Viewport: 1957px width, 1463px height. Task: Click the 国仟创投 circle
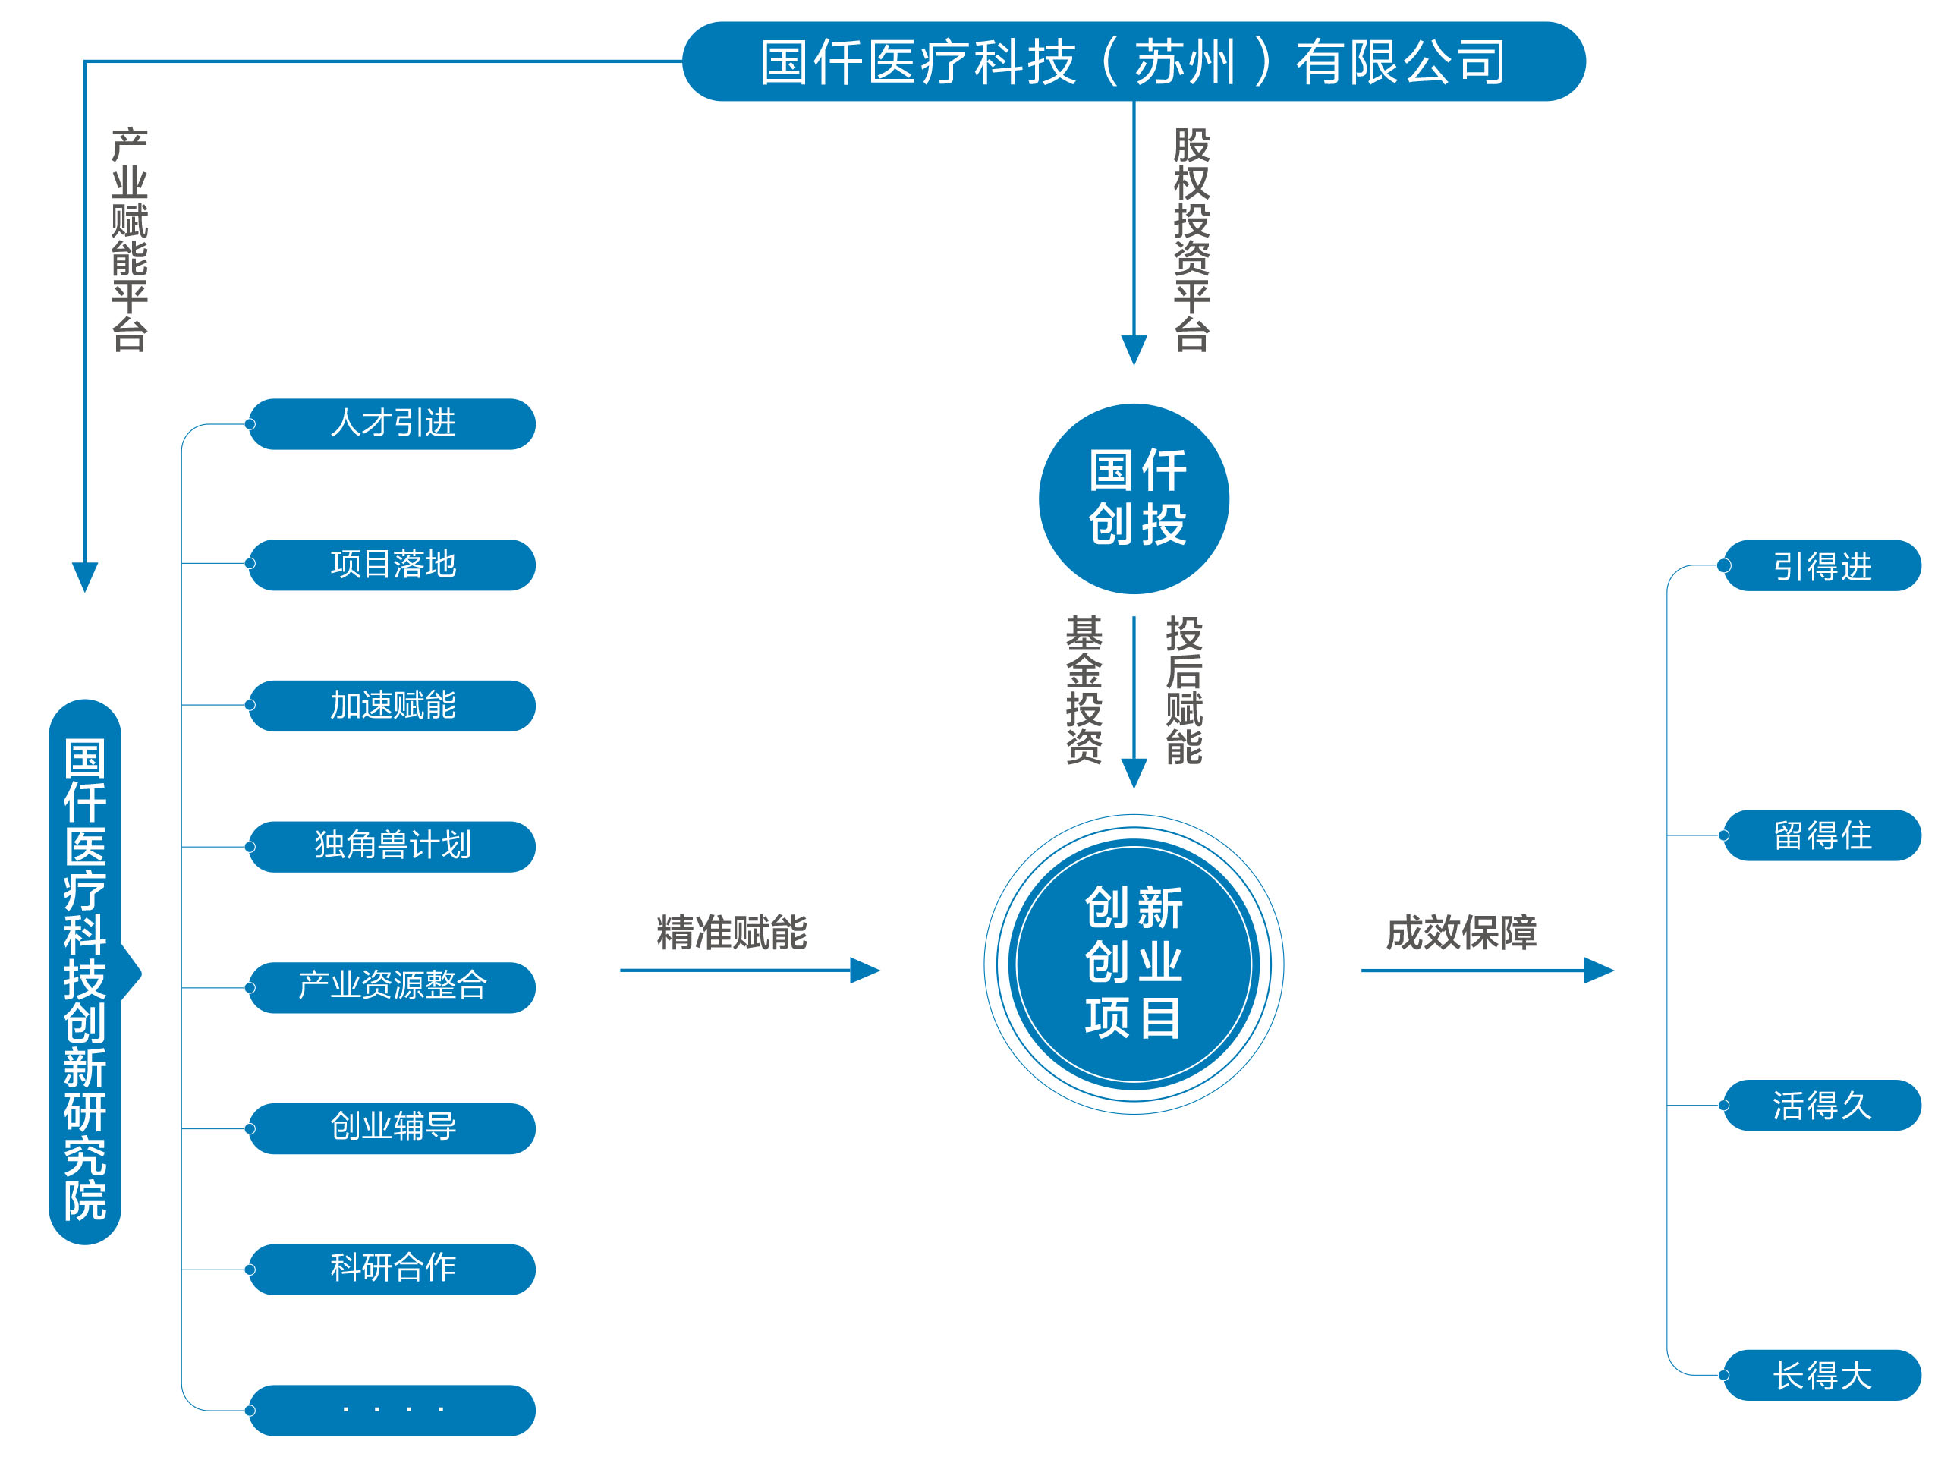[1134, 498]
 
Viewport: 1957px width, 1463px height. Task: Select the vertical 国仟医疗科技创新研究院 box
[85, 973]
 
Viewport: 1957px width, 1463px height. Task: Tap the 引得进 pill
[1822, 565]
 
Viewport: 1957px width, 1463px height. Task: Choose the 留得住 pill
[1822, 835]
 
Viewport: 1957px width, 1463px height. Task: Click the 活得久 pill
[1822, 1105]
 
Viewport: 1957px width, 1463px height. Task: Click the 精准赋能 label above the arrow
[732, 933]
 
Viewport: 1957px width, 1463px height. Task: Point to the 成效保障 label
[1461, 933]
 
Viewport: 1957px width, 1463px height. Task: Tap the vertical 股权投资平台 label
[1191, 240]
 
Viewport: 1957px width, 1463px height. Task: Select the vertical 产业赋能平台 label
[129, 240]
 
